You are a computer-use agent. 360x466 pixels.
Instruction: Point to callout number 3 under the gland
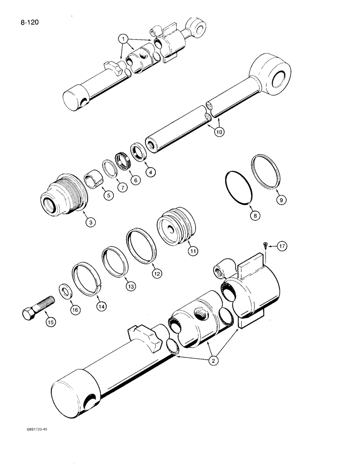(91, 223)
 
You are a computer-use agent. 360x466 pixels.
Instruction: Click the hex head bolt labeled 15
(34, 310)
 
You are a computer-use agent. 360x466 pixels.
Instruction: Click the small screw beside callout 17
(265, 246)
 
